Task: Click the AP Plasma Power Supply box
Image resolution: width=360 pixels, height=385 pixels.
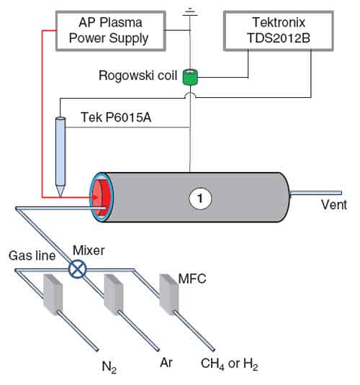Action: [111, 31]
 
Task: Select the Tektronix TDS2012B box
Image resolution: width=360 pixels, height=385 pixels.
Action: [279, 31]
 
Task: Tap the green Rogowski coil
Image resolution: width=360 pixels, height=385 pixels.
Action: [190, 77]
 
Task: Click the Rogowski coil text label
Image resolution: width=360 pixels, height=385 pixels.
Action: [138, 76]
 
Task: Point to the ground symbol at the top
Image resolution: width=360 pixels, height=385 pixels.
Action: [189, 12]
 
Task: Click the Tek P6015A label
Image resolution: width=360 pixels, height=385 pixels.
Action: [116, 117]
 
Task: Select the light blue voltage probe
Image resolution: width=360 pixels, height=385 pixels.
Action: [60, 156]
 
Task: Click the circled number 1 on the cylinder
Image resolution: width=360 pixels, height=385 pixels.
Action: [200, 199]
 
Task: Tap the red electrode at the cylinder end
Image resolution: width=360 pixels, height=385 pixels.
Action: [100, 198]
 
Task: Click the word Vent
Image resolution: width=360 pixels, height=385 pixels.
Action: [334, 204]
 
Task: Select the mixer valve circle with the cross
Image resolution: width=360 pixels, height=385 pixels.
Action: [77, 268]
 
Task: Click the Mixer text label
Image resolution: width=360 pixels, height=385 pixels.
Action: [89, 250]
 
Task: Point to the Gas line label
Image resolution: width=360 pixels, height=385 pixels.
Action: [32, 255]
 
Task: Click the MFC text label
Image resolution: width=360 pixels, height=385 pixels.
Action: [192, 278]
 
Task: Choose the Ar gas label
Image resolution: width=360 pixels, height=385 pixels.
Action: [166, 363]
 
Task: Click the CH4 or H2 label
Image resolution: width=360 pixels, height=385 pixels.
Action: [230, 364]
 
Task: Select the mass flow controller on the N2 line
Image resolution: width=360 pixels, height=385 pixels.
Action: [53, 294]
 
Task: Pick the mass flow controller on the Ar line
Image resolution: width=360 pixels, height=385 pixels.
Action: [113, 294]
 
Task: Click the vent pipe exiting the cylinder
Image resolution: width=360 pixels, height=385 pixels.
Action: [316, 193]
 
